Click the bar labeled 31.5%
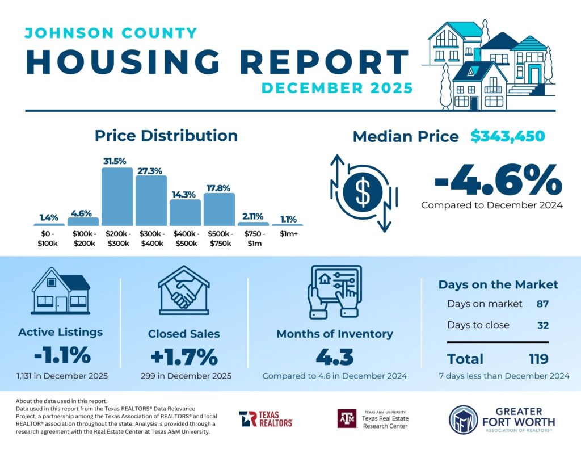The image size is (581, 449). point(117,196)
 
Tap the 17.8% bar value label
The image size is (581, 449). point(219,187)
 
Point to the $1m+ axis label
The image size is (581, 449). point(287,234)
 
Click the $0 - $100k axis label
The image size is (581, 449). point(49,238)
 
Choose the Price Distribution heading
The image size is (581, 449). point(166,136)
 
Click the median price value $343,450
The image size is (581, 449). point(508,136)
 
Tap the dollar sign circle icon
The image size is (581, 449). point(363,193)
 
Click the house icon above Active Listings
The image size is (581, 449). point(60,291)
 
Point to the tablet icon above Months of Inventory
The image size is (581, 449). point(334,291)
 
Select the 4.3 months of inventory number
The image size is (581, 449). point(334,357)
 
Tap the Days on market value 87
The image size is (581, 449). point(542,304)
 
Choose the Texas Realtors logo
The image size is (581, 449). point(266,419)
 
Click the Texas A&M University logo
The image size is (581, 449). point(373,419)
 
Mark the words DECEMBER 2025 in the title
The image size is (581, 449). point(337,88)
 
